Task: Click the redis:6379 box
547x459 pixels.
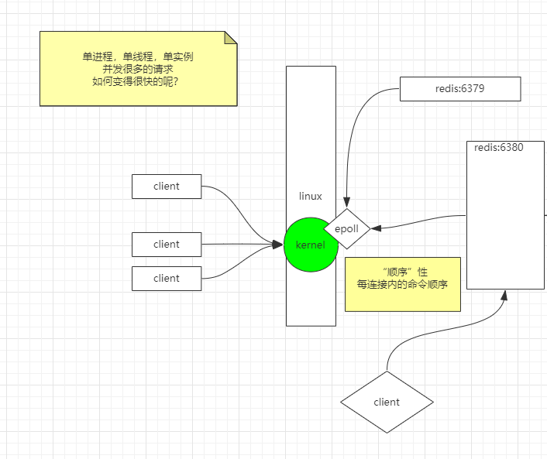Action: [x=460, y=89]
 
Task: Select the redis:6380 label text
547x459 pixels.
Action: [x=498, y=147]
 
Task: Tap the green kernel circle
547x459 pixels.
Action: [x=311, y=245]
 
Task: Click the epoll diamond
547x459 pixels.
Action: [x=348, y=228]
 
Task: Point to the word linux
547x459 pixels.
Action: [x=311, y=196]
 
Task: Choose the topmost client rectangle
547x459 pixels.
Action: [x=167, y=186]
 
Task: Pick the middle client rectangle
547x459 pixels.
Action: [x=167, y=244]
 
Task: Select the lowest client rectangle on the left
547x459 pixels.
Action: [x=167, y=278]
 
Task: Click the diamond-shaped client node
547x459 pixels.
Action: [x=387, y=402]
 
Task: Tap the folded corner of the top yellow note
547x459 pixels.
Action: [x=230, y=37]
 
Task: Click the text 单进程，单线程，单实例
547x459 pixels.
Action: [x=138, y=57]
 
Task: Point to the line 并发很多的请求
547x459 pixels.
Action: [x=138, y=68]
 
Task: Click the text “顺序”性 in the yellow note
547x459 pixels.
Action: [x=403, y=272]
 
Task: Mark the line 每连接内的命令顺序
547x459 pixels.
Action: [x=403, y=284]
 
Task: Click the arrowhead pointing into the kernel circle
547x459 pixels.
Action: [x=277, y=245]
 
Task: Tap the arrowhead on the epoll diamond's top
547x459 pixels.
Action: [x=347, y=204]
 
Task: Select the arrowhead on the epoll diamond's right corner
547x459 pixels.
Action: [x=377, y=228]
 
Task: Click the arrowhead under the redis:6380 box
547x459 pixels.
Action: [x=505, y=296]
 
